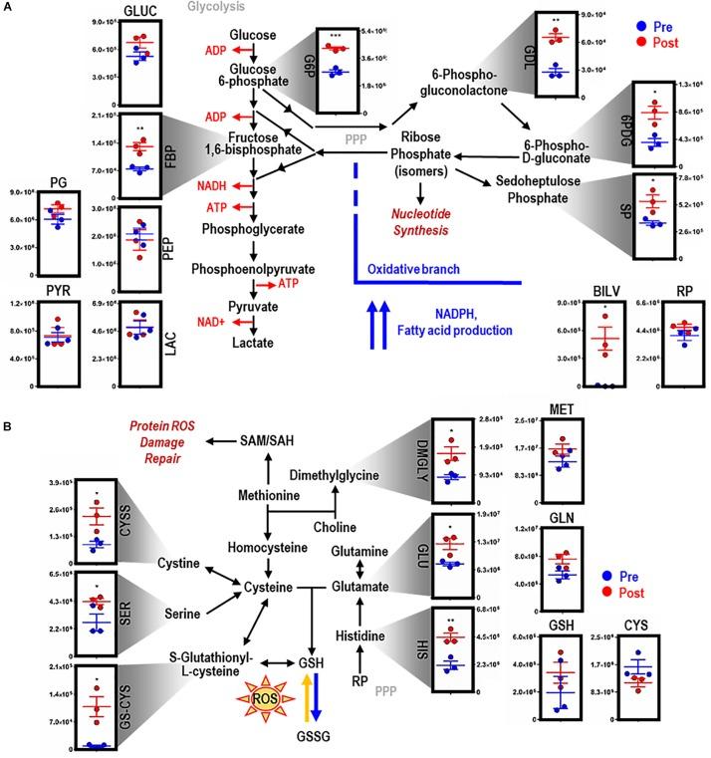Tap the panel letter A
8,8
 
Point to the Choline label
335,526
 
